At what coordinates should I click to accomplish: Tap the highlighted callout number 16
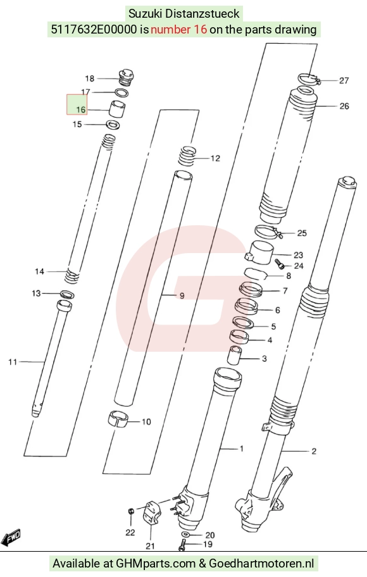point(81,109)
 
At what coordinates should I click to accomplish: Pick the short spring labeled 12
point(188,156)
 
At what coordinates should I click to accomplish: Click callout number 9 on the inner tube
point(182,295)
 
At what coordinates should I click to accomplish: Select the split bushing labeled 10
point(118,419)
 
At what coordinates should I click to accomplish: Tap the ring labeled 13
point(67,294)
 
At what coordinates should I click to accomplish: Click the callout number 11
point(13,362)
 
